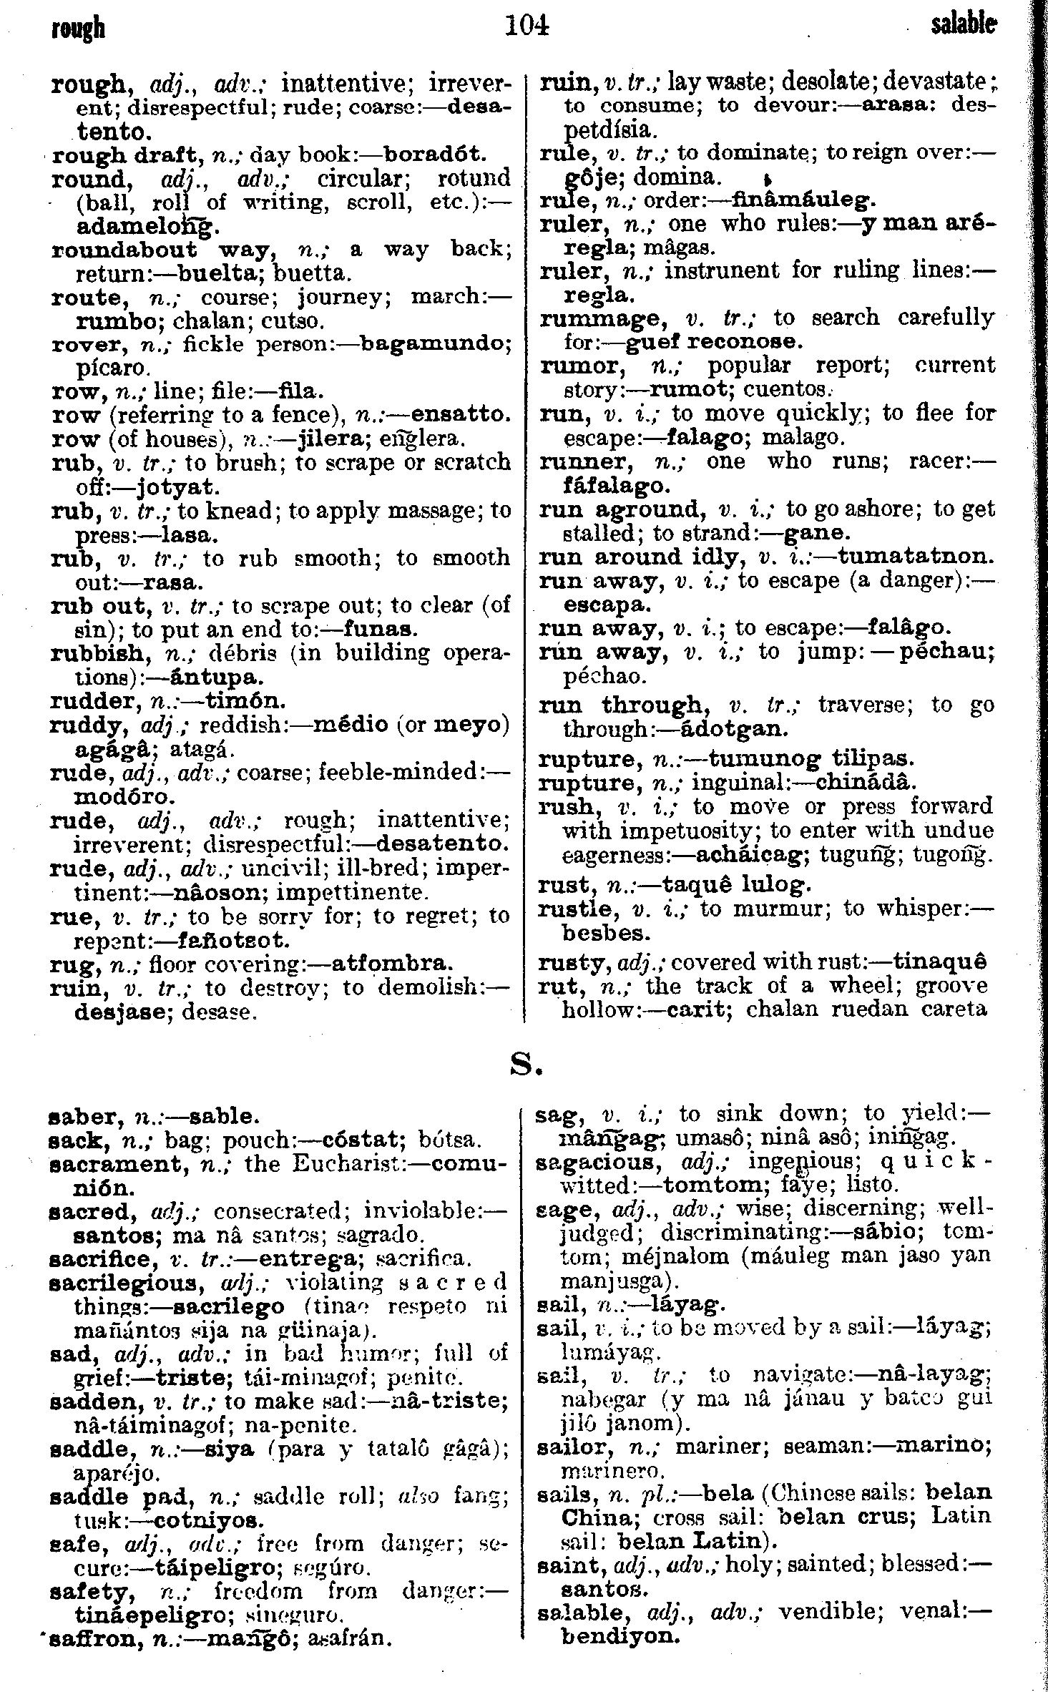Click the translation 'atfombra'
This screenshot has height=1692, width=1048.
pos(391,964)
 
